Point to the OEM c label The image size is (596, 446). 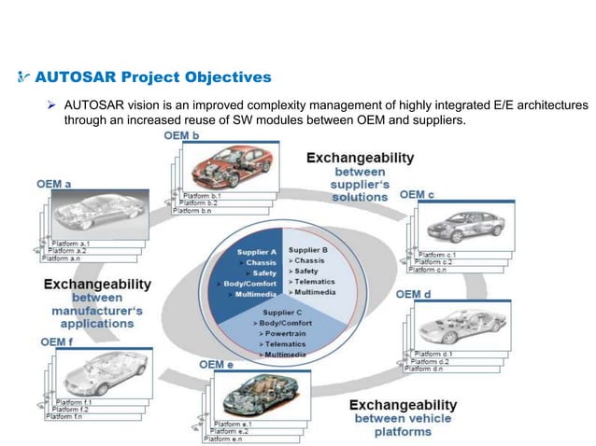pos(417,194)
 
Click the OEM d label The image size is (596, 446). pos(413,294)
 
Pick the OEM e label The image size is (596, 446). pos(217,364)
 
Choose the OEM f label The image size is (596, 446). pos(53,342)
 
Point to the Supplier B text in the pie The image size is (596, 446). pos(307,249)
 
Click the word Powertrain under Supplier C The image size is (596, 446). pos(291,332)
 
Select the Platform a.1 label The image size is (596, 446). pos(71,242)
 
